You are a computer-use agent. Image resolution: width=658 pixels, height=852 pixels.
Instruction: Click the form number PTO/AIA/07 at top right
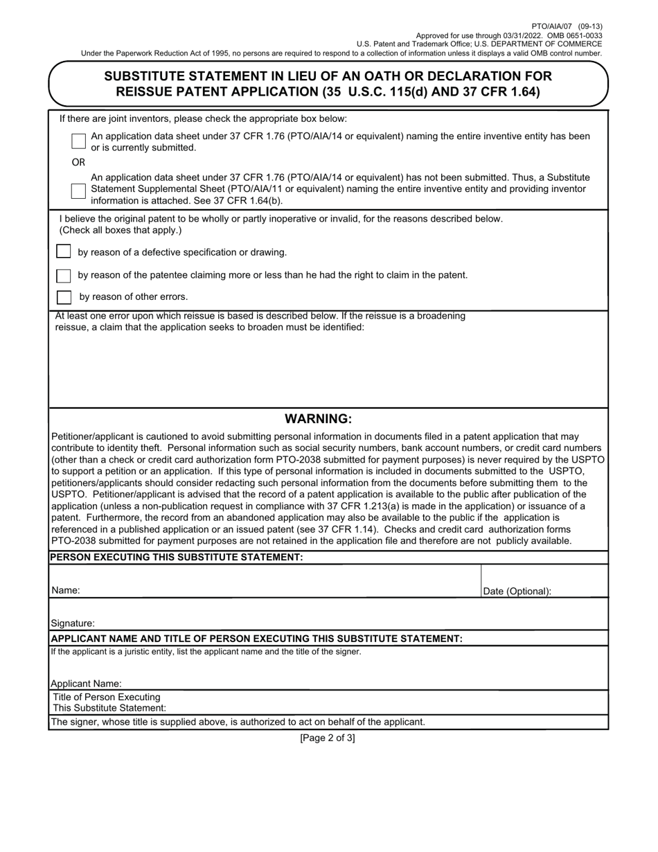coord(562,26)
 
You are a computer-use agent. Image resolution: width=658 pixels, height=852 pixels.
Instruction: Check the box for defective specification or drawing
coord(64,251)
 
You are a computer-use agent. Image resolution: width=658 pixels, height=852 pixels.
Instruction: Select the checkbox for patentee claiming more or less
coord(64,276)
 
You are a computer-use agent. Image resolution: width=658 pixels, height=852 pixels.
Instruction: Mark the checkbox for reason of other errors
coord(64,297)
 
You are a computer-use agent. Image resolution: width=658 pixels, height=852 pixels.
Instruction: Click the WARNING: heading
coord(319,419)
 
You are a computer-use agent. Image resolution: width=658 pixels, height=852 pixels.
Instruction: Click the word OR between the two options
coord(78,162)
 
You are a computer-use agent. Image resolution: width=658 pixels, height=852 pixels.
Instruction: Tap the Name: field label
coord(65,591)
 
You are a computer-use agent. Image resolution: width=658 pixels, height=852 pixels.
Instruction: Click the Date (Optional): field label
coord(517,592)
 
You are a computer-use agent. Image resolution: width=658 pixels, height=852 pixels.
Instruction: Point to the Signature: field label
coord(73,623)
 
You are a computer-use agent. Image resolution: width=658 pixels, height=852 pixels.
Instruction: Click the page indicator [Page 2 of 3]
coord(328,738)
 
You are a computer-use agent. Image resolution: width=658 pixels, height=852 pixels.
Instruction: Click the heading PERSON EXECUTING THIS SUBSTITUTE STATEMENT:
coord(177,558)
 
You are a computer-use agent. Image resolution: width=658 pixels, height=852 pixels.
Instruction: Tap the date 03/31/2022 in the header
coord(543,35)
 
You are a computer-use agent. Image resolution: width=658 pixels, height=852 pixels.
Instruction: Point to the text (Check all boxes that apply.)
coord(121,230)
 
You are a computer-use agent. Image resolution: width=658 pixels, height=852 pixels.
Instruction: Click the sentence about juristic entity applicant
coord(206,652)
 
